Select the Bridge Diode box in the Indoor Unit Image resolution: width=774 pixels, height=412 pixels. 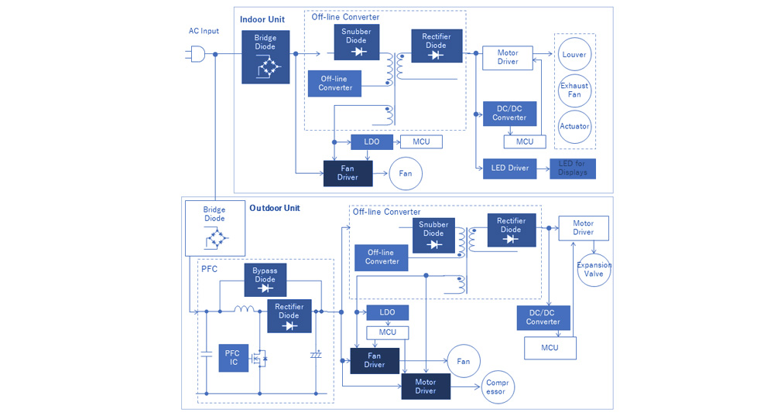[265, 56]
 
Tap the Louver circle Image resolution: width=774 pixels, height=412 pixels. [574, 55]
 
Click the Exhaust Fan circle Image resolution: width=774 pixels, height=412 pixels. [574, 90]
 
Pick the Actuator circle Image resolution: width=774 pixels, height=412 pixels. [574, 126]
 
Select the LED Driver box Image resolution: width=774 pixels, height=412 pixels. [509, 169]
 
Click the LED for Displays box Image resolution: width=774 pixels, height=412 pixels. [573, 169]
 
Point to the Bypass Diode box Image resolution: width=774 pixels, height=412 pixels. [265, 280]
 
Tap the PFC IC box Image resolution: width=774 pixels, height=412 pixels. [233, 358]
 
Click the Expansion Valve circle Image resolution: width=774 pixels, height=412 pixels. [594, 270]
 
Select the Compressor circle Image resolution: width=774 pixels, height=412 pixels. [495, 386]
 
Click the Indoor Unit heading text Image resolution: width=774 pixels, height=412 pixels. [262, 19]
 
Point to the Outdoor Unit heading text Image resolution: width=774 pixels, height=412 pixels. [275, 209]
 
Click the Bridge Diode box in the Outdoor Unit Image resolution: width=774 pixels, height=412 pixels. [214, 227]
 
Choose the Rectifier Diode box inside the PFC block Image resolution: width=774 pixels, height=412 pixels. [289, 316]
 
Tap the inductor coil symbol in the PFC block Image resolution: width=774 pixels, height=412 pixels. [245, 310]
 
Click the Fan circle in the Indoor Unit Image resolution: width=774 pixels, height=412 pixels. [406, 174]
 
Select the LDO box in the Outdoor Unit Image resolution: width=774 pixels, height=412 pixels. [388, 313]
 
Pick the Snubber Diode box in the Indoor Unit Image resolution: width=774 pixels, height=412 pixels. [356, 42]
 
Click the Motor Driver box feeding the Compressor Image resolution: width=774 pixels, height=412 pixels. [426, 386]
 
